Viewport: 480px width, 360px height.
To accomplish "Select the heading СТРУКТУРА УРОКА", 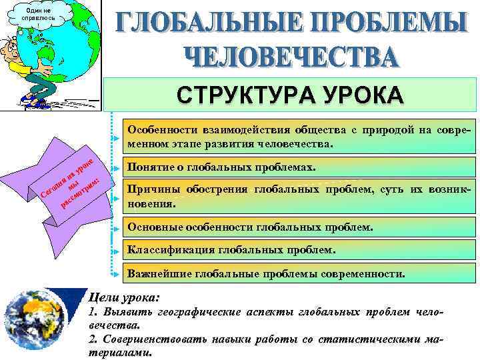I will [290, 95].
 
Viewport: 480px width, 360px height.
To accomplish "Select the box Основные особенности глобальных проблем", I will [250, 227].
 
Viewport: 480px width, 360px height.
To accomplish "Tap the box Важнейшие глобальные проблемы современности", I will [265, 273].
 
